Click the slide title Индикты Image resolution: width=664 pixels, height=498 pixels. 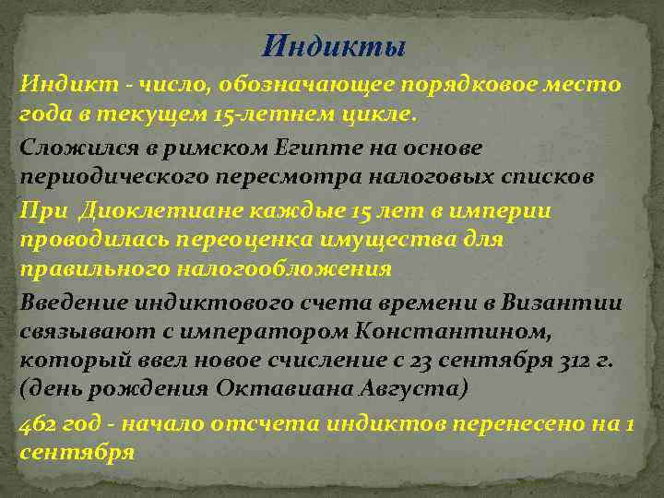(333, 43)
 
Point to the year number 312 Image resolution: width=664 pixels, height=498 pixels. (551, 360)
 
